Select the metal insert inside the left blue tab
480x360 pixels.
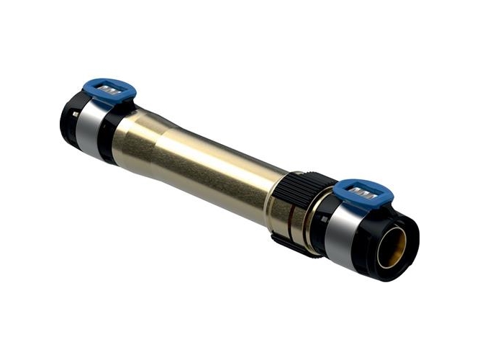tap(110, 89)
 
